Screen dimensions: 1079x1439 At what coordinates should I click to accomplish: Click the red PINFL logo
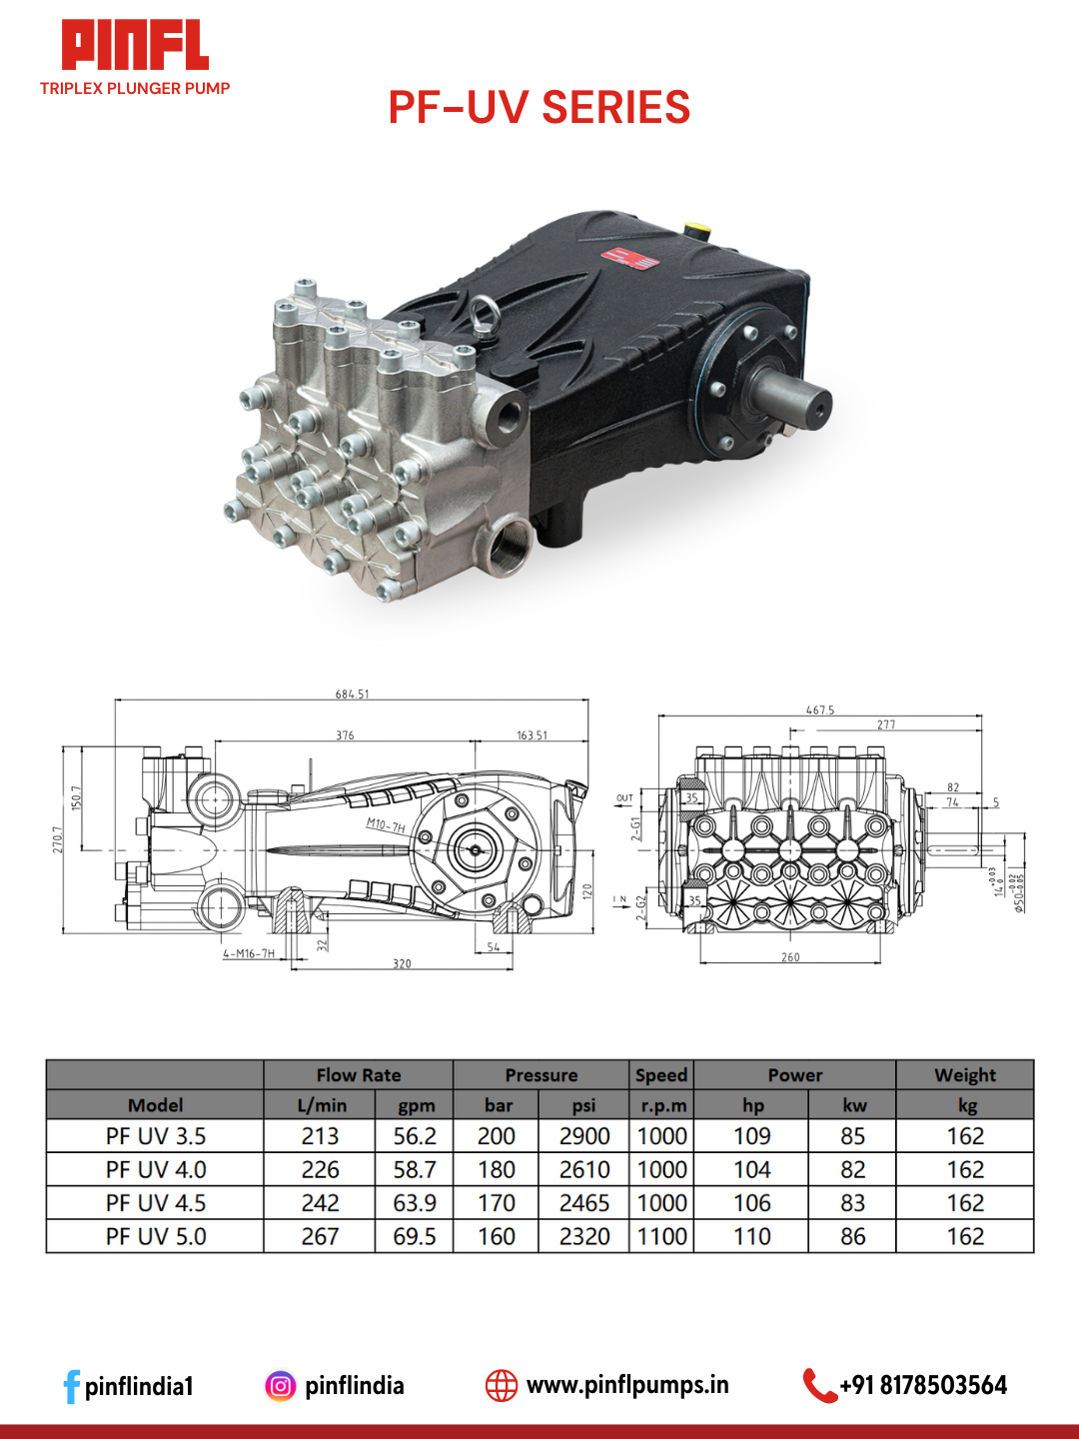pyautogui.click(x=135, y=45)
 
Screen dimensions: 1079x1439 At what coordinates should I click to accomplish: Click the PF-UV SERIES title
pyautogui.click(x=539, y=108)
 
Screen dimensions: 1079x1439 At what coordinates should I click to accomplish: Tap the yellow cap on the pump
pyautogui.click(x=696, y=231)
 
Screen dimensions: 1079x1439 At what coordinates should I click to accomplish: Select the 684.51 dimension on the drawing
pyautogui.click(x=352, y=694)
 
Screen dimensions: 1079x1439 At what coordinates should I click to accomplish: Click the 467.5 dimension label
pyautogui.click(x=819, y=710)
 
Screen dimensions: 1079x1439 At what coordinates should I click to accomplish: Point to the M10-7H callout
pyautogui.click(x=386, y=824)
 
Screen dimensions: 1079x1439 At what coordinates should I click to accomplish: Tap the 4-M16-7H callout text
pyautogui.click(x=249, y=953)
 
